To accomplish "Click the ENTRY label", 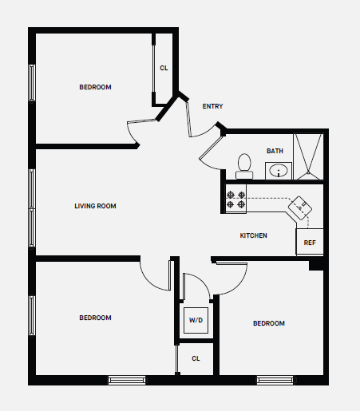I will click(212, 106).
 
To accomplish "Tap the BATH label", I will click(275, 151).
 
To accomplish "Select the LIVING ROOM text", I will click(95, 206).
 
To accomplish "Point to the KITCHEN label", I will click(254, 235).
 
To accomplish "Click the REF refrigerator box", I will click(310, 243).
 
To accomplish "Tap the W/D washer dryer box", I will click(196, 320).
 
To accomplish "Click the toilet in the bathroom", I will click(245, 166).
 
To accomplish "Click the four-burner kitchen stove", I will click(235, 200).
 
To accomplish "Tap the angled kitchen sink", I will click(301, 207).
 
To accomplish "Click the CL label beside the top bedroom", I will click(164, 68).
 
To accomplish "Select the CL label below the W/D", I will click(196, 358).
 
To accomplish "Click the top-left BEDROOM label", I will click(95, 87).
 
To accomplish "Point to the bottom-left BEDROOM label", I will click(95, 318).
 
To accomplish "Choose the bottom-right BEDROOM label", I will click(269, 323).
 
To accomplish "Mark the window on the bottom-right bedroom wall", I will click(275, 380).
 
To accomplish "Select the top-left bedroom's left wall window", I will click(33, 83).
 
